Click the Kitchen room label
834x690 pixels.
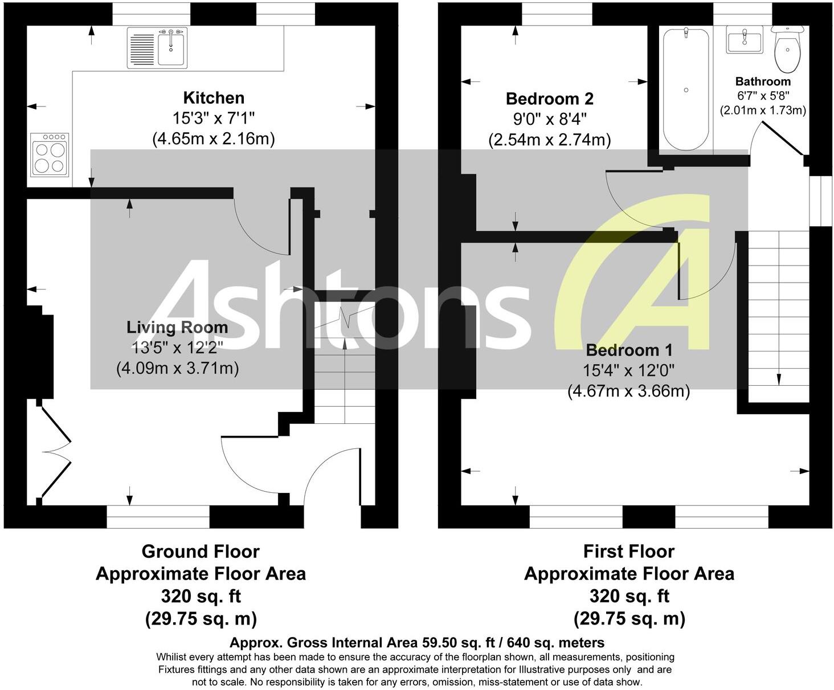point(214,98)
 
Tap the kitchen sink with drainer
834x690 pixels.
point(157,48)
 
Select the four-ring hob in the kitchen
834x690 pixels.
point(50,155)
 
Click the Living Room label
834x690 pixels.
point(177,328)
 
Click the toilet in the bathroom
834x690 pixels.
point(787,50)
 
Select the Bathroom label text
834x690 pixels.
point(763,81)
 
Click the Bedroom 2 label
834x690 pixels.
point(549,99)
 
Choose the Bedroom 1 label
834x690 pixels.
point(629,350)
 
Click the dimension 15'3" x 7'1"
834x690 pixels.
point(214,119)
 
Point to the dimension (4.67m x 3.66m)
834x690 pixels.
point(629,391)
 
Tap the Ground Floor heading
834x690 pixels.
point(201,552)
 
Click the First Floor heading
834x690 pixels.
point(629,552)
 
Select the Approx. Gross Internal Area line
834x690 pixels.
point(417,643)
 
